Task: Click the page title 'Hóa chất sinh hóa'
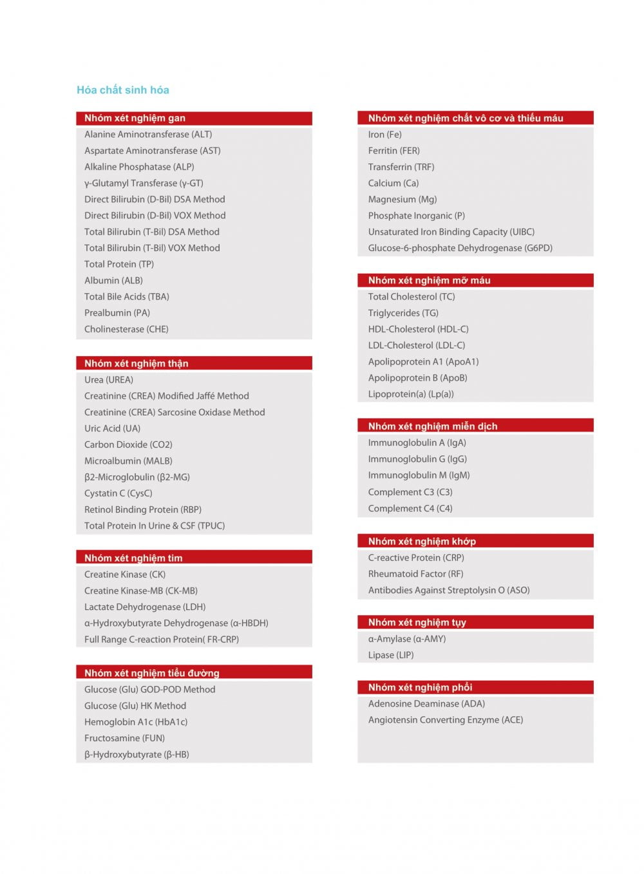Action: [122, 90]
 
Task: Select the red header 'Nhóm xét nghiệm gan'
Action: [135, 118]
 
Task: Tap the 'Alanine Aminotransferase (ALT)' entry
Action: [148, 135]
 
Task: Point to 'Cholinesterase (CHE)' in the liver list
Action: [126, 329]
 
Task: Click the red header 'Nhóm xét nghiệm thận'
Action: [136, 363]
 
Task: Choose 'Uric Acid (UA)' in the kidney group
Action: [112, 428]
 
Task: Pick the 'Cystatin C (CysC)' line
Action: [118, 493]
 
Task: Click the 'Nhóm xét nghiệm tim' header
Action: [133, 558]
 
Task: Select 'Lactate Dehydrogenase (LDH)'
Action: [145, 607]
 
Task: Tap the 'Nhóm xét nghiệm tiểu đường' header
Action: [151, 673]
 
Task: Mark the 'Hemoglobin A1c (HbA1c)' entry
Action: [136, 722]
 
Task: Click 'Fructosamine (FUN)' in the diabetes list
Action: [124, 738]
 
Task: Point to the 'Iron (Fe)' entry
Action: [384, 135]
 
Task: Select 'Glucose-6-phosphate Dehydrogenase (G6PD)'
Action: [460, 248]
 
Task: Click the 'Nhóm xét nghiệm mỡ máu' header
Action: [429, 280]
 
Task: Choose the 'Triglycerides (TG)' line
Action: [403, 313]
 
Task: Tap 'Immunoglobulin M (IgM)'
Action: [419, 475]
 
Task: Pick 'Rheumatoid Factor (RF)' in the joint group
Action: [415, 574]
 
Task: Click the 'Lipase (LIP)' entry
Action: [391, 655]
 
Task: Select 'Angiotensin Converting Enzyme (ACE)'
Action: [445, 720]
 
